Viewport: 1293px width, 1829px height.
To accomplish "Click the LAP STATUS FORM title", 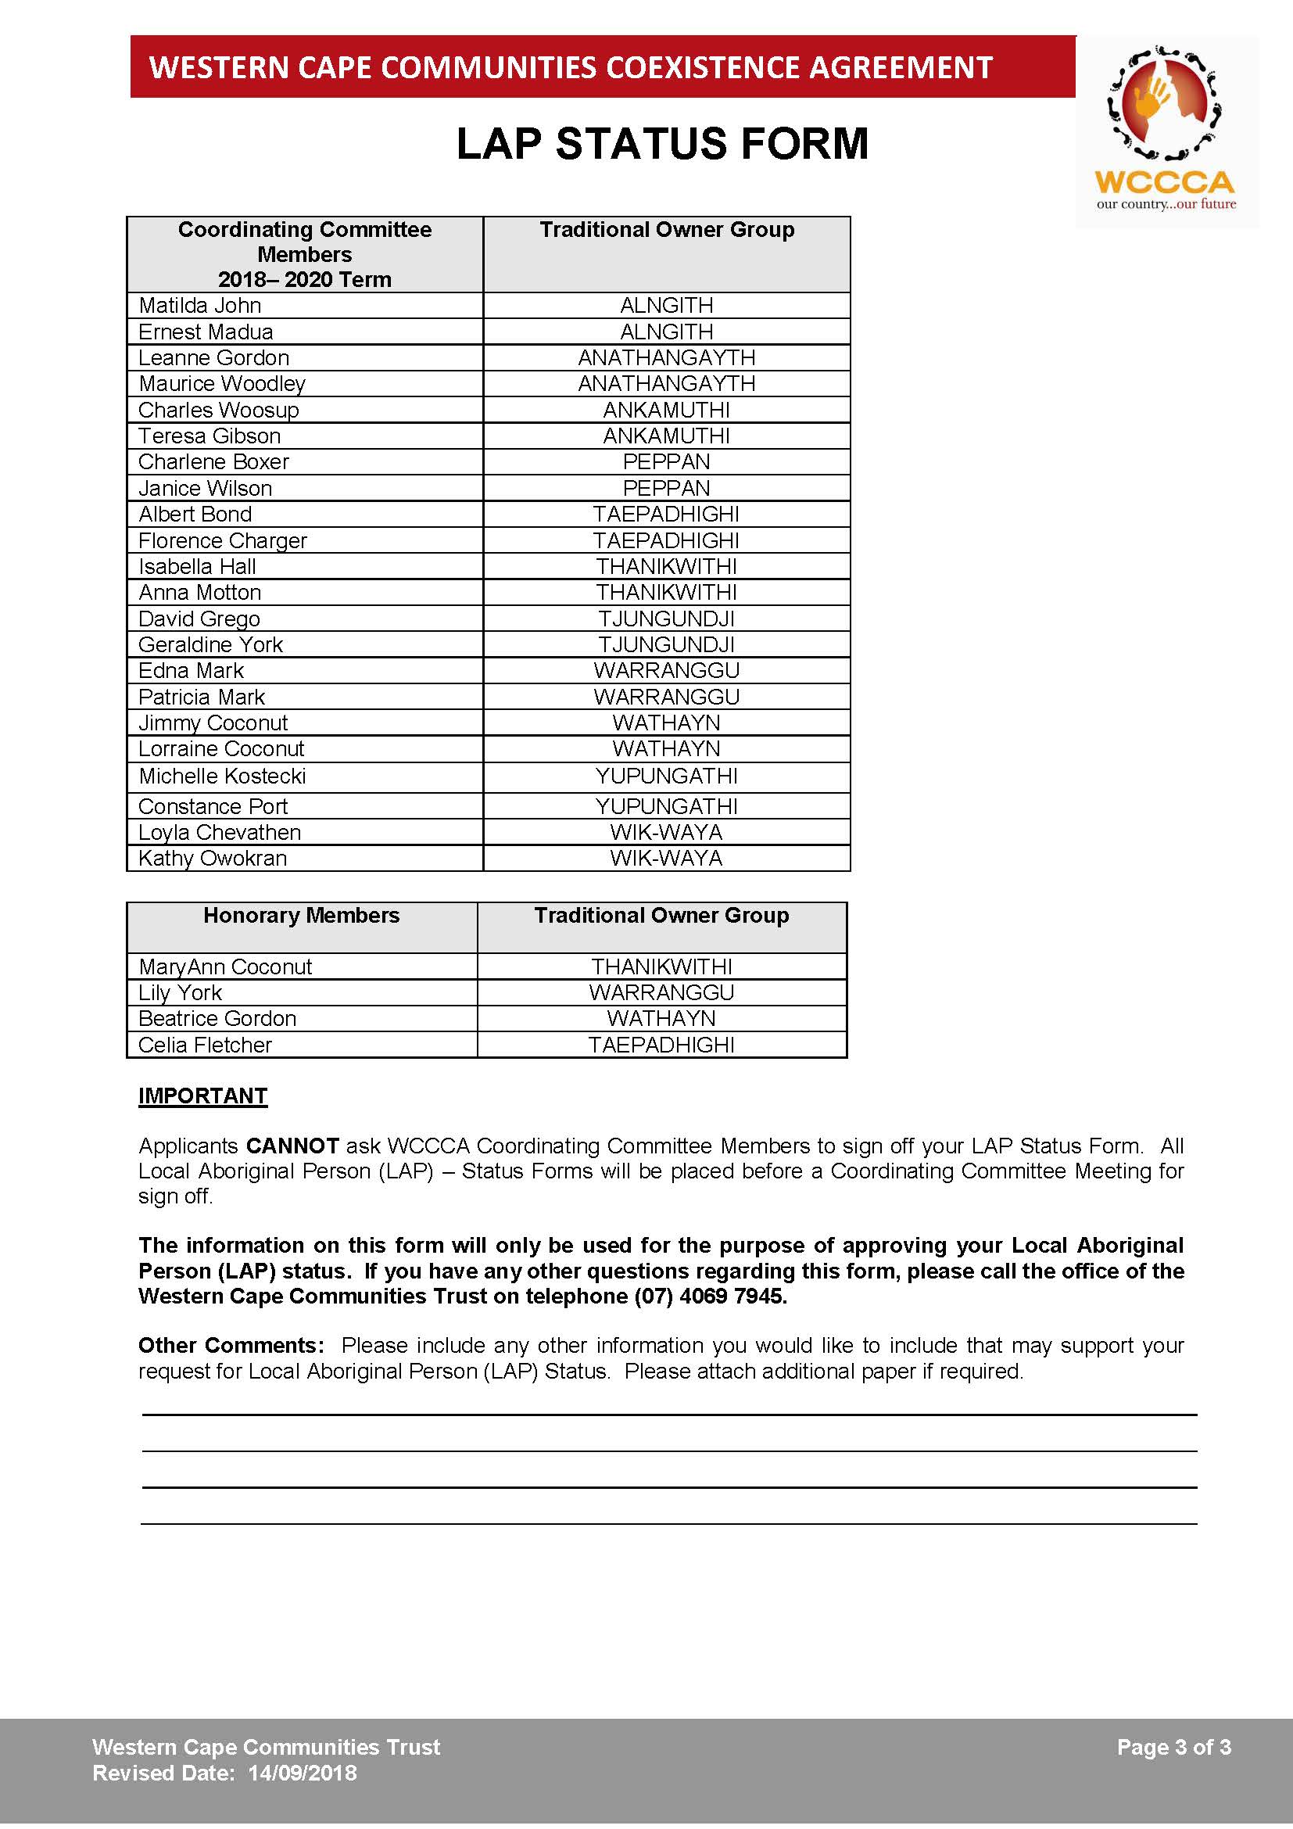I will [x=661, y=144].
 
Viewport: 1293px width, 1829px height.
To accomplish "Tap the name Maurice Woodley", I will [x=222, y=383].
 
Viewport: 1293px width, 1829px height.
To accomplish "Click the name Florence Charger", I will [x=222, y=540].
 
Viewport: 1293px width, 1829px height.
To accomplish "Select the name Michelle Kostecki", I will [x=222, y=776].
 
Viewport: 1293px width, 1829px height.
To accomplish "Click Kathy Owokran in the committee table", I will [x=213, y=858].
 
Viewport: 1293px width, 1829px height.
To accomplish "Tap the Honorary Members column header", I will [x=301, y=916].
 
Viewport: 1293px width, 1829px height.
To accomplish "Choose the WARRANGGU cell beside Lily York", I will [x=661, y=992].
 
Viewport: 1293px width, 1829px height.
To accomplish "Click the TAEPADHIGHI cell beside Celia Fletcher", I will [x=661, y=1045].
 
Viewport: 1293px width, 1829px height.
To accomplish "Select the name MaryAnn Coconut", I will [x=225, y=967].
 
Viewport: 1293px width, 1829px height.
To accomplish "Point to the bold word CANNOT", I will [x=292, y=1146].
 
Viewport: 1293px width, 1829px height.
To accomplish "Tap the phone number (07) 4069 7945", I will [x=710, y=1296].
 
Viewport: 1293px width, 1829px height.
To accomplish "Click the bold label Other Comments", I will [x=231, y=1346].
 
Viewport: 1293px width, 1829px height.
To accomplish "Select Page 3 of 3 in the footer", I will [x=1173, y=1747].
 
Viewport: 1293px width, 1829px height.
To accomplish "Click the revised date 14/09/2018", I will [x=303, y=1773].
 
